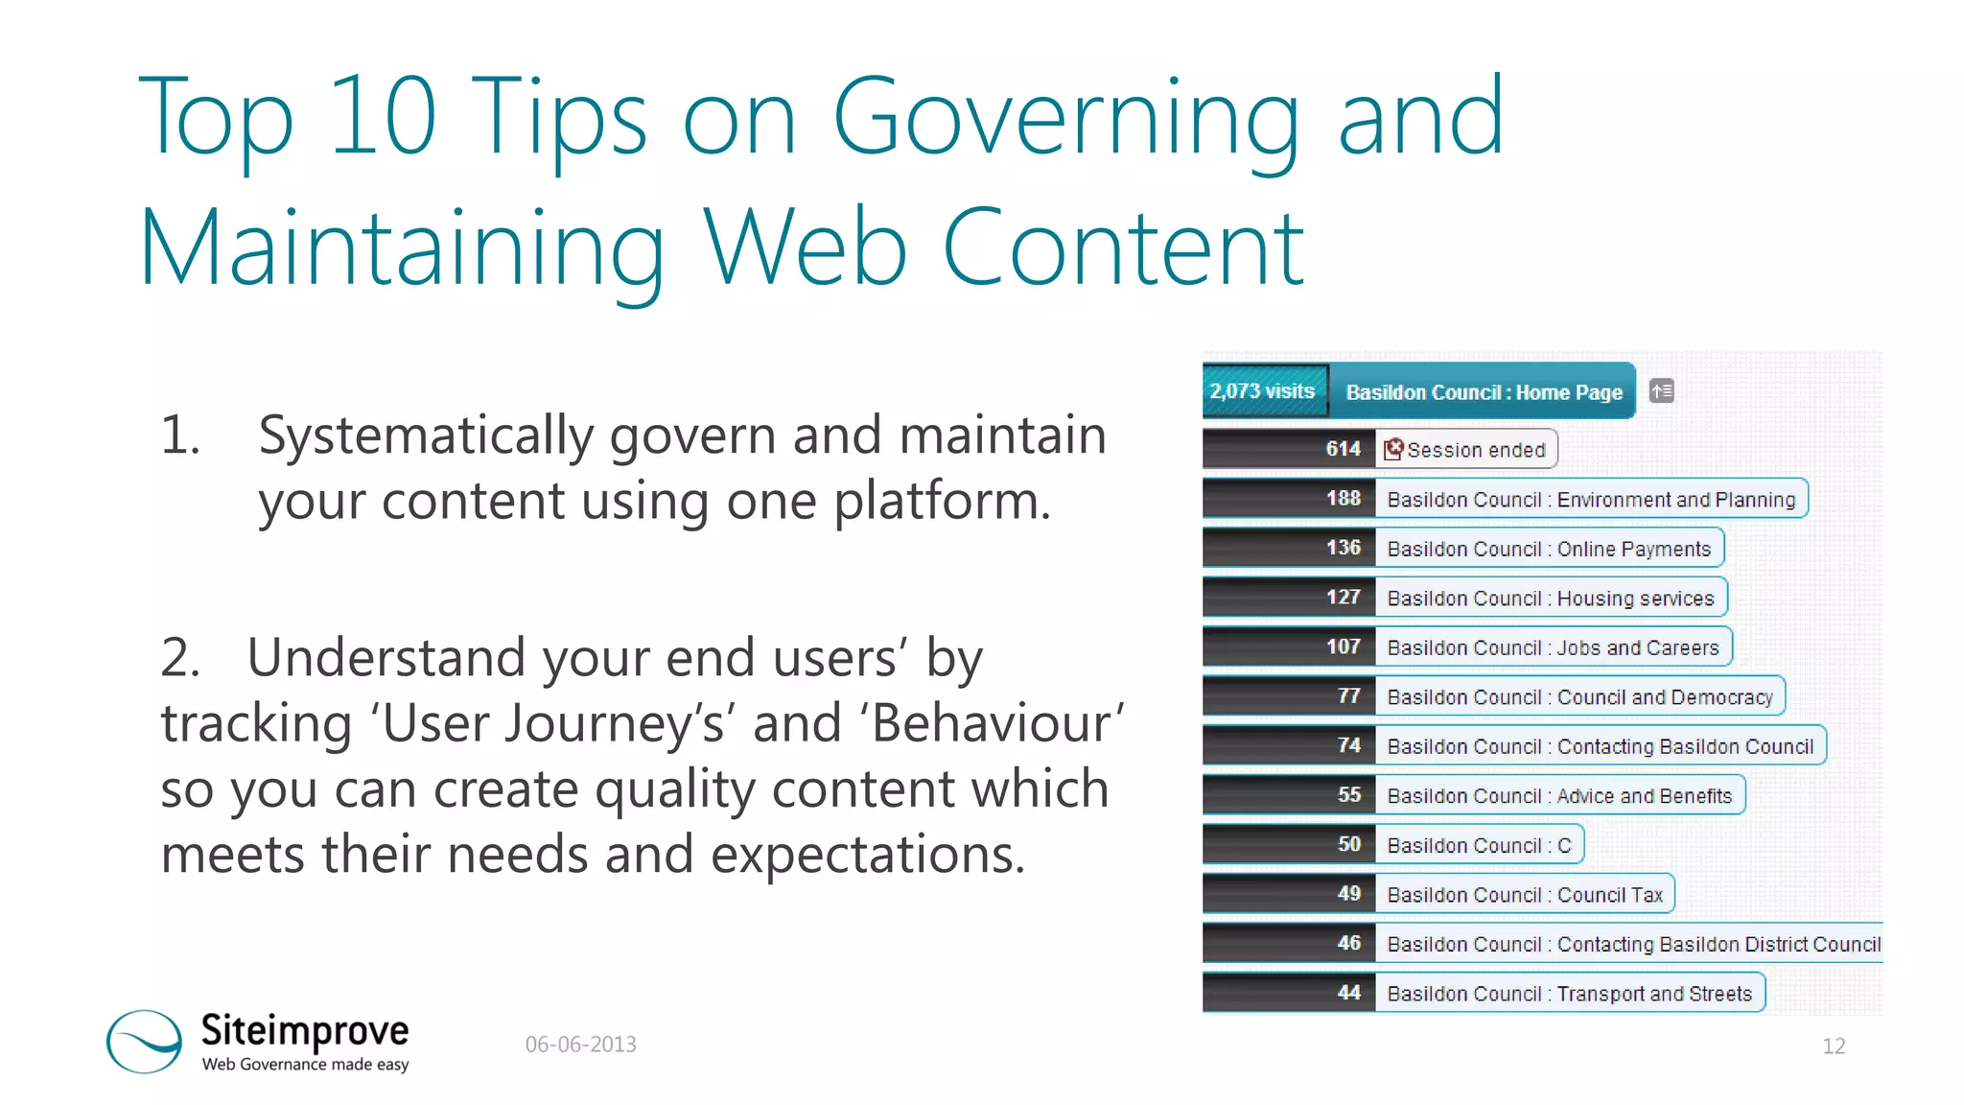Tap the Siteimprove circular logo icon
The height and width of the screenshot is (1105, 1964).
[x=144, y=1041]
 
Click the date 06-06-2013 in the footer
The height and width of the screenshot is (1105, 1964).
[x=580, y=1045]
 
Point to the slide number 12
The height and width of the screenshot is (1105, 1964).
[x=1833, y=1046]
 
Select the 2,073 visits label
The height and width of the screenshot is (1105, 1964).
[x=1262, y=391]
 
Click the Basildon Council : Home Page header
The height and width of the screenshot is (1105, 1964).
[x=1483, y=392]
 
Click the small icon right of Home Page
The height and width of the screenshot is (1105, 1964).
[x=1661, y=391]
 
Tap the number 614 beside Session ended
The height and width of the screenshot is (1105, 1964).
[x=1343, y=449]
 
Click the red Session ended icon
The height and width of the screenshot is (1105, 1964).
[x=1394, y=449]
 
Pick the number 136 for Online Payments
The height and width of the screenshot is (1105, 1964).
[x=1343, y=548]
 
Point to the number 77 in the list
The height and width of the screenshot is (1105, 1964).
[x=1348, y=696]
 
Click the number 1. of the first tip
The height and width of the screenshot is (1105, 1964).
[x=180, y=435]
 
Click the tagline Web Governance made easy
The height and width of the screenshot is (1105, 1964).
[x=305, y=1065]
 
